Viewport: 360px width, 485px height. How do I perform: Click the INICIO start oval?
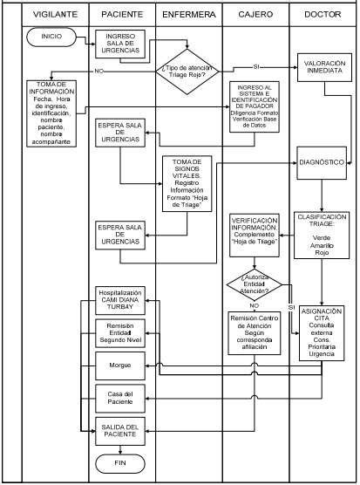51,37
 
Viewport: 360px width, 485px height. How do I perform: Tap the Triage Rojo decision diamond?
189,69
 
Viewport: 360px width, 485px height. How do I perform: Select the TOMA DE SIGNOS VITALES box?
189,184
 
